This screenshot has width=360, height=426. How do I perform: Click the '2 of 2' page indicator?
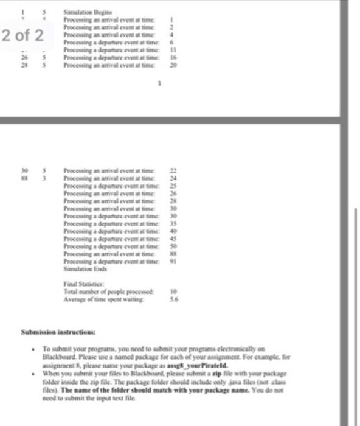22,35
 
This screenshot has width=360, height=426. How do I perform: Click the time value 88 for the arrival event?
171,252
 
